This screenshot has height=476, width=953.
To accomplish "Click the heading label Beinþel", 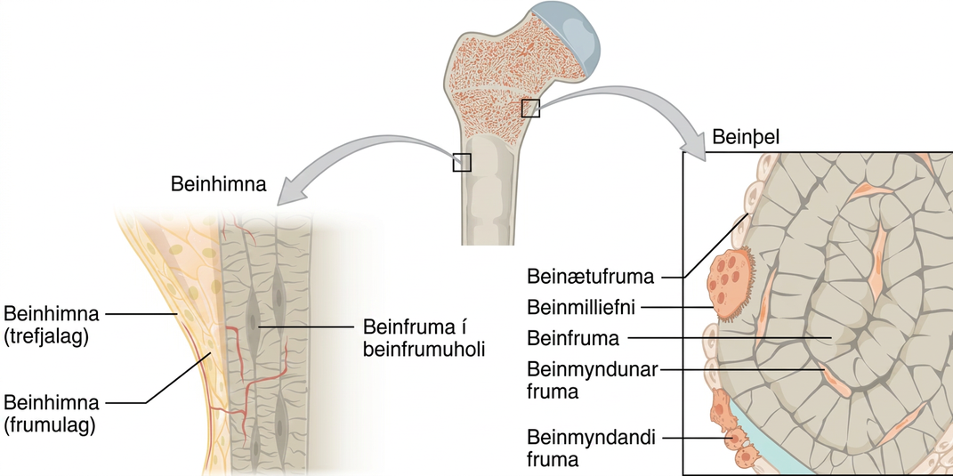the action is (x=745, y=137).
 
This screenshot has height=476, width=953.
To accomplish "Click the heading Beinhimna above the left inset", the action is (x=218, y=184).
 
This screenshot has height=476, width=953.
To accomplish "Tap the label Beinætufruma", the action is (x=590, y=278).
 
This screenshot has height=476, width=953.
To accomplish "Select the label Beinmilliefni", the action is (x=580, y=308).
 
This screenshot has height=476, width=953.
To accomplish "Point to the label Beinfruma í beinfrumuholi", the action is (x=424, y=338).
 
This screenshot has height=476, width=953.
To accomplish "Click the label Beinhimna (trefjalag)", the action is (x=51, y=326).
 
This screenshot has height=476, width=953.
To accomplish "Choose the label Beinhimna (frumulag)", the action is (x=51, y=414).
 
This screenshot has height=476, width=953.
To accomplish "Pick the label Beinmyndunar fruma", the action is (x=593, y=380).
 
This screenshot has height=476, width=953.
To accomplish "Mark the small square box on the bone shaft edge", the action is (x=461, y=162).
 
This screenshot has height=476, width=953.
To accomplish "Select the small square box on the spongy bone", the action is (x=530, y=109).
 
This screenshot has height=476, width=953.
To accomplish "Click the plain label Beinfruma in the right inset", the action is (x=573, y=338).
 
